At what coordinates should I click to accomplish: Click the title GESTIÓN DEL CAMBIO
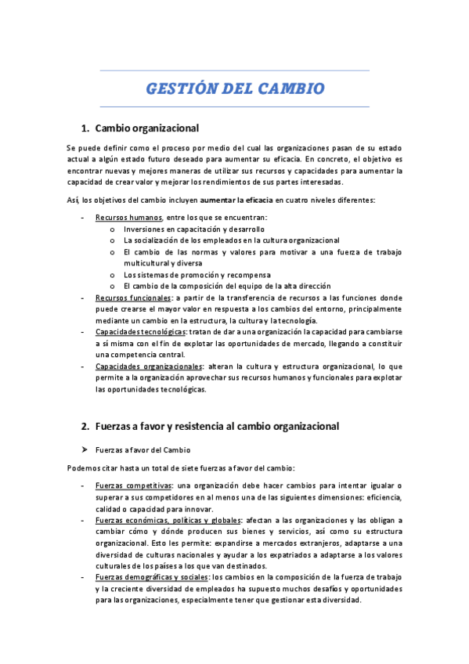tap(235, 88)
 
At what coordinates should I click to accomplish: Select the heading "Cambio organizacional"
tap(146, 128)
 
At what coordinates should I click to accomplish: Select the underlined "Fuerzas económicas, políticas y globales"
tap(168, 520)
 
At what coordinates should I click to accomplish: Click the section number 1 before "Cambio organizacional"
tap(84, 128)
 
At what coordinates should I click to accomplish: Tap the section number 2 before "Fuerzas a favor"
tap(84, 427)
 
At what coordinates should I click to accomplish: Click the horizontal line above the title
tap(235, 71)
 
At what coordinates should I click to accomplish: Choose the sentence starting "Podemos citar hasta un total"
tap(181, 468)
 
